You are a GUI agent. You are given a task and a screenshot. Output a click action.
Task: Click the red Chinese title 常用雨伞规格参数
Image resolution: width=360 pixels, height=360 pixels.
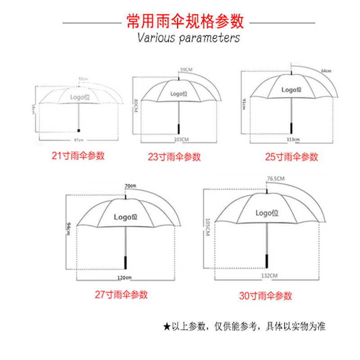(185, 21)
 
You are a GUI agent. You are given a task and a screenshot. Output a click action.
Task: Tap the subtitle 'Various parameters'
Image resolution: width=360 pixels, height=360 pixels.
(188, 37)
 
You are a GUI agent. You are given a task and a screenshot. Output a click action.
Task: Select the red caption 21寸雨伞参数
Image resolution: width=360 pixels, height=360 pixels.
(78, 156)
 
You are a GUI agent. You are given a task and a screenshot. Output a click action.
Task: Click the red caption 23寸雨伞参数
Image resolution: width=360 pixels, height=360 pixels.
(174, 157)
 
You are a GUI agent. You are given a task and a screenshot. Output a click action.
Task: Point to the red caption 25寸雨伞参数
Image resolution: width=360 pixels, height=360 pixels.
(292, 157)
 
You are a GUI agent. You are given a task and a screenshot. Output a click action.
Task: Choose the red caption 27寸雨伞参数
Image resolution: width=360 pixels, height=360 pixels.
(121, 295)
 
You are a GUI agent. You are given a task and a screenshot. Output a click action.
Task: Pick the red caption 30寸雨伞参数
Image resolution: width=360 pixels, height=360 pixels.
(265, 296)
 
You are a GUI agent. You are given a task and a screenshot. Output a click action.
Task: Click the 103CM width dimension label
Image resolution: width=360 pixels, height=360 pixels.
(181, 140)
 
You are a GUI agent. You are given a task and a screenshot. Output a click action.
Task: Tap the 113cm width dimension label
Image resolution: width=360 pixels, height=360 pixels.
(293, 139)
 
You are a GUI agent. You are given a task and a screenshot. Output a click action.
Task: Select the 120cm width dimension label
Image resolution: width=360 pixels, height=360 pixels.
(125, 278)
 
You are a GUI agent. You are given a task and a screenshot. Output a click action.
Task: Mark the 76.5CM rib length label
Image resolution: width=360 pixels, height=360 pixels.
(276, 179)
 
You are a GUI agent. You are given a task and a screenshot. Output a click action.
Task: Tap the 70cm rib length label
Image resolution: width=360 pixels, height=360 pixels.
(130, 186)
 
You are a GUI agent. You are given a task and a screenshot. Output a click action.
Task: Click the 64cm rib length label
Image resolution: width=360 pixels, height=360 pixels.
(326, 71)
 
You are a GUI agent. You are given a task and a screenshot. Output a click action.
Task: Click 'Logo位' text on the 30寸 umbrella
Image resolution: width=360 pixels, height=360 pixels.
(270, 213)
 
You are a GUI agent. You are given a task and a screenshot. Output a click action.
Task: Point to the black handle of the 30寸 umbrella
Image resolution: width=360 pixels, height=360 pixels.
(268, 260)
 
